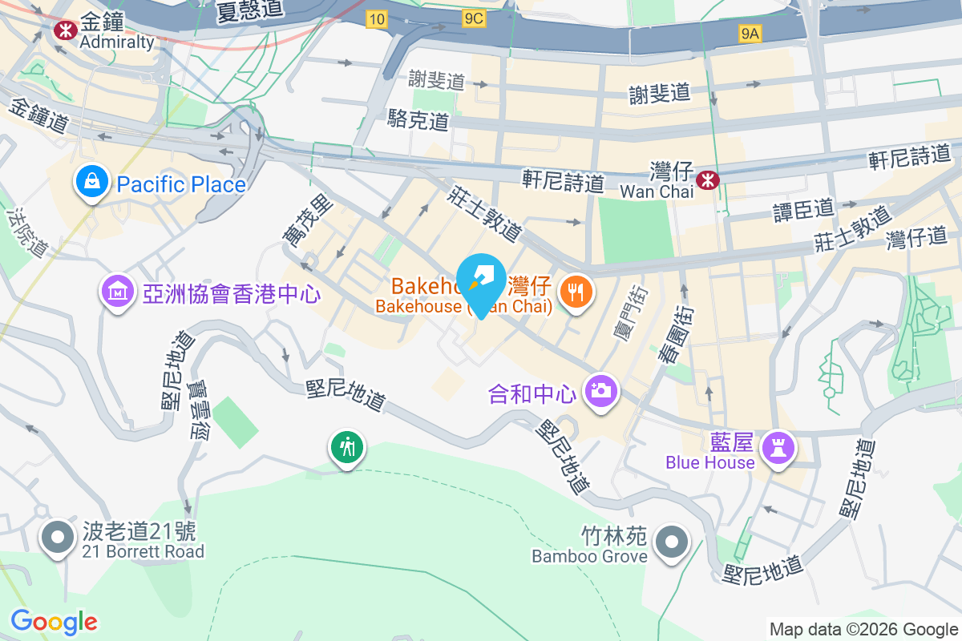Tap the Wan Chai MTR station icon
coord(706,179)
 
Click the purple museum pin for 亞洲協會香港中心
coord(118,292)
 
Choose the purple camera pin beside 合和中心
coord(600,392)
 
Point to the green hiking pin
coord(347,447)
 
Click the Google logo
coord(54,622)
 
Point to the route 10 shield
coord(377,18)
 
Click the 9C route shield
coord(474,18)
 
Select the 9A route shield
coord(750,34)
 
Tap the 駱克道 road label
coord(418,120)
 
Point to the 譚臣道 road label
coord(803,209)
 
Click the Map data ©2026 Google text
coord(863,629)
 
